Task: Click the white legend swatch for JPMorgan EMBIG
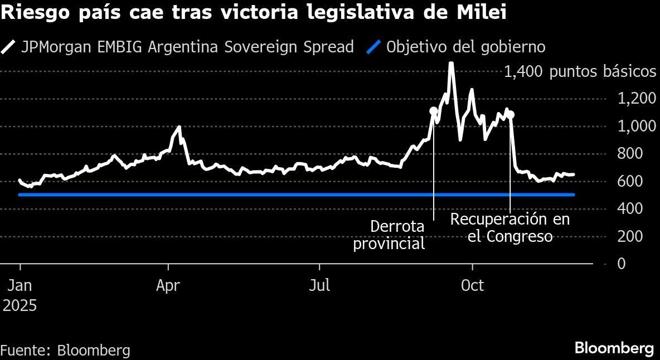pyautogui.click(x=9, y=47)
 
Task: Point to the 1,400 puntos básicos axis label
pyautogui.click(x=580, y=72)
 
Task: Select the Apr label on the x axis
pyautogui.click(x=168, y=286)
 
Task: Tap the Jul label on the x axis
pyautogui.click(x=320, y=286)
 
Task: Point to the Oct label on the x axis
pyautogui.click(x=472, y=286)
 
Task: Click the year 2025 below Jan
pyautogui.click(x=20, y=305)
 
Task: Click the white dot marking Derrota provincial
pyautogui.click(x=434, y=111)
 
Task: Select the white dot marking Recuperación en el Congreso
pyautogui.click(x=511, y=115)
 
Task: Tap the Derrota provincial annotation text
pyautogui.click(x=389, y=235)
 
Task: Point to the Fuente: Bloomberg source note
pyautogui.click(x=65, y=351)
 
